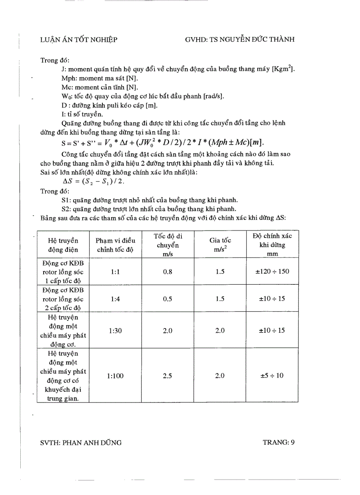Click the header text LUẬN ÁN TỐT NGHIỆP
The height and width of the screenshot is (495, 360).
coord(79,40)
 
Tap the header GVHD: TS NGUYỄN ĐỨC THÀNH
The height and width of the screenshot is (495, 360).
coord(240,40)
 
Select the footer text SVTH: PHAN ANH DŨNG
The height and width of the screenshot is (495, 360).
coord(81,443)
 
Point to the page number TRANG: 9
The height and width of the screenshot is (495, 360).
coord(278,443)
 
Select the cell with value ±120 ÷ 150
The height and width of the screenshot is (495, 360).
coord(272,272)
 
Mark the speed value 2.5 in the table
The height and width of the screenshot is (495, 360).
coord(168,376)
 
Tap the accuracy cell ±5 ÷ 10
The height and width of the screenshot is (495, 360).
coord(272,376)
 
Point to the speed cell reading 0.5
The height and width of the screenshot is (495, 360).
coord(168,299)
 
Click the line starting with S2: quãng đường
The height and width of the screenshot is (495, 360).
coord(149,209)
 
